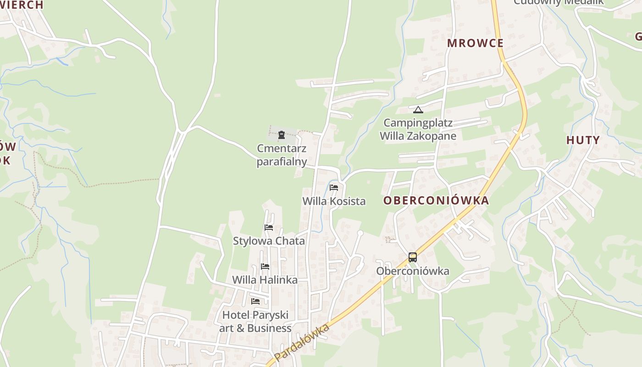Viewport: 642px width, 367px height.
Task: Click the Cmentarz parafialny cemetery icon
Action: (x=282, y=135)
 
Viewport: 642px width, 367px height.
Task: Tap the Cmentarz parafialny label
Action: (x=282, y=155)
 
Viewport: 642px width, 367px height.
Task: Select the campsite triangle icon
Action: (x=418, y=110)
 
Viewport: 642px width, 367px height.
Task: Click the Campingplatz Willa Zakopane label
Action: (x=418, y=129)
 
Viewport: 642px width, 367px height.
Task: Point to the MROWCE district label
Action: (x=475, y=43)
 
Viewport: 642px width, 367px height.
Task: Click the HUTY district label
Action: (x=583, y=140)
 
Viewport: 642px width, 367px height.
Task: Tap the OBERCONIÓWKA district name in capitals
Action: (x=436, y=200)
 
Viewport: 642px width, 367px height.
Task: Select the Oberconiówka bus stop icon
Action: (x=413, y=257)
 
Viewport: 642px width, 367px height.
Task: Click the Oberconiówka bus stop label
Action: (x=413, y=271)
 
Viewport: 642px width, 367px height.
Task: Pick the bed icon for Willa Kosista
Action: (x=334, y=187)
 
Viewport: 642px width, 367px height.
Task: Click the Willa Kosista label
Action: (x=334, y=201)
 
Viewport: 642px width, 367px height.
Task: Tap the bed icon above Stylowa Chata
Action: (x=269, y=227)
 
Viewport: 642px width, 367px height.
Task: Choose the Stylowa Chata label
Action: (x=269, y=241)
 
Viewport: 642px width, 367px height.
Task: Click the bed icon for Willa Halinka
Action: (x=265, y=266)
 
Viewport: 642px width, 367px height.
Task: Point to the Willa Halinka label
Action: (x=265, y=280)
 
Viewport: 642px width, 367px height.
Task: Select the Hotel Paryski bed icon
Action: (x=255, y=301)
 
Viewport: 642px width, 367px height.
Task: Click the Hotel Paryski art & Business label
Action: (x=255, y=322)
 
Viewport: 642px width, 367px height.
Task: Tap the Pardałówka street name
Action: (x=302, y=343)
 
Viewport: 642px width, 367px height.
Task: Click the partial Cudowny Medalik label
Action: (x=559, y=2)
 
